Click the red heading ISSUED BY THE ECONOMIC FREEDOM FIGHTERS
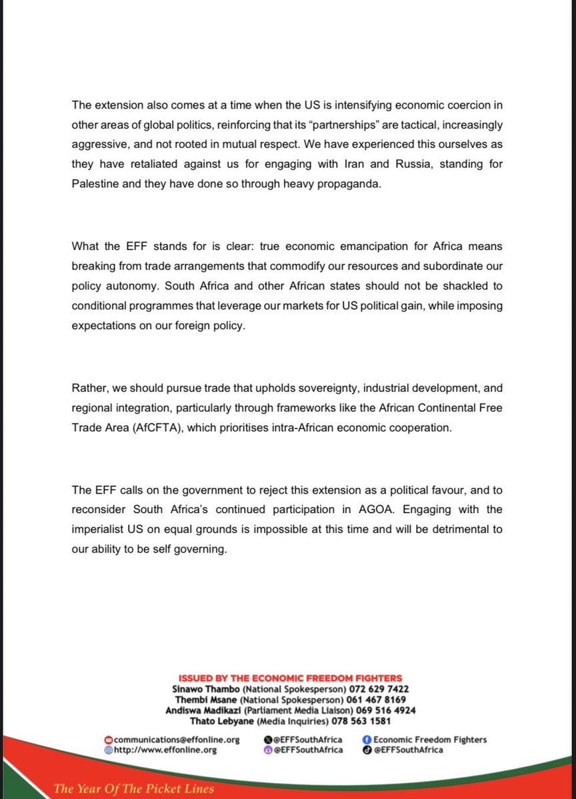(x=290, y=678)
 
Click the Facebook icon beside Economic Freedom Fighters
(x=366, y=740)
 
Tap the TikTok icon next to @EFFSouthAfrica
(x=366, y=750)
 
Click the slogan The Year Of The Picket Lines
(x=134, y=789)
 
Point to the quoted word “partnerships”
(x=302, y=125)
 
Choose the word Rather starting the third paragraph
(x=88, y=389)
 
